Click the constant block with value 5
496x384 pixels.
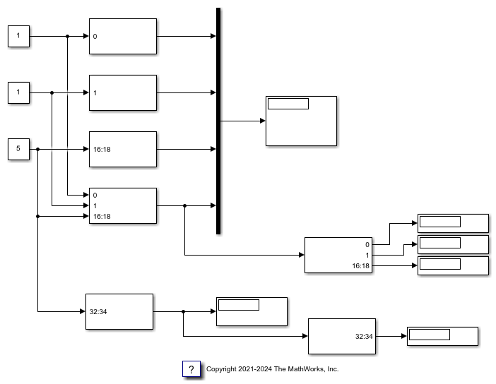18,149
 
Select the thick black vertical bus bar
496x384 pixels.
218,120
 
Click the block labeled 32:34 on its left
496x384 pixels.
119,311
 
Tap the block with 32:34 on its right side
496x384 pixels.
342,336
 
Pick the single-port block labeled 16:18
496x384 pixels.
123,149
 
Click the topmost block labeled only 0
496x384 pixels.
123,36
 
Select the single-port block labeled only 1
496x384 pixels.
123,92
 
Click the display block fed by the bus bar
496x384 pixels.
301,121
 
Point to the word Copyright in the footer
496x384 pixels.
223,369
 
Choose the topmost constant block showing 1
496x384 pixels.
18,36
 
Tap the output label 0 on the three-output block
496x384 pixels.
367,244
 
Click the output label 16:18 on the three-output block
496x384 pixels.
361,265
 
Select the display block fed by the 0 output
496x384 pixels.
453,223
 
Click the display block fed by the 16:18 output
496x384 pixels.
453,265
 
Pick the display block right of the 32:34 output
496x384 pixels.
442,336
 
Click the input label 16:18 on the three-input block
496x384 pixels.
102,216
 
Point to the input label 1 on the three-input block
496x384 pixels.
95,205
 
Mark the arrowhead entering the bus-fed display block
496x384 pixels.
262,121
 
